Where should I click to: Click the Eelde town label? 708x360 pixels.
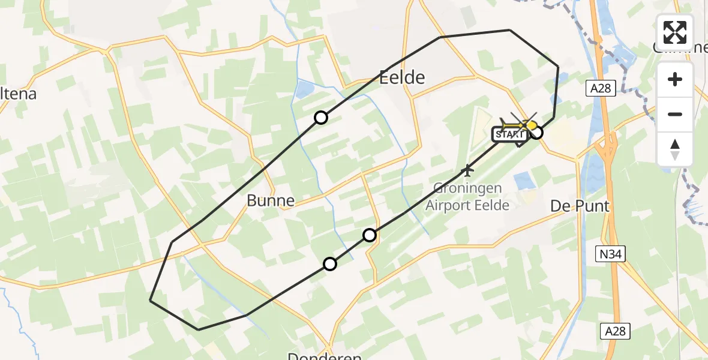tap(402, 77)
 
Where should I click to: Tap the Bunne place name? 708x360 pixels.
tap(271, 200)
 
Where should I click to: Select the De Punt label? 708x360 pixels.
tap(580, 206)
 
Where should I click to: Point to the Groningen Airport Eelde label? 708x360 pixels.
tap(467, 196)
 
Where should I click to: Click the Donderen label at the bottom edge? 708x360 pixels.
tap(324, 356)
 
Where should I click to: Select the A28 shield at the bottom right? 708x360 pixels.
tap(615, 331)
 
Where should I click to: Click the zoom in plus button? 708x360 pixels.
tap(675, 79)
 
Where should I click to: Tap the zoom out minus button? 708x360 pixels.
tap(675, 114)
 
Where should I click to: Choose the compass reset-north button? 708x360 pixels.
tap(675, 149)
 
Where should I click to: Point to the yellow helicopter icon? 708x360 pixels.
tap(519, 125)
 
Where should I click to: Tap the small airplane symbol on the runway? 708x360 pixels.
tap(467, 171)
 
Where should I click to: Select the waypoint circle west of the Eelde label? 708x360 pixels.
tap(321, 118)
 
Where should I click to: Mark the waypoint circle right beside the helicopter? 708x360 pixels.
tap(536, 133)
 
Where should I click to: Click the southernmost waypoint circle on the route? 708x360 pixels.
tap(330, 263)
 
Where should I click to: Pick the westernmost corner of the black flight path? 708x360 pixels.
tap(150, 301)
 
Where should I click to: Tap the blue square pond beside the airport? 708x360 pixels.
tap(523, 180)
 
